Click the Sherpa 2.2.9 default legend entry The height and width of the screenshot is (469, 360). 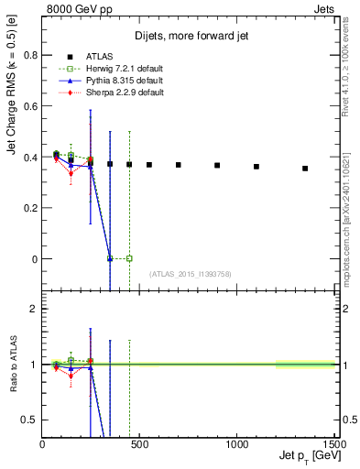pos(115,93)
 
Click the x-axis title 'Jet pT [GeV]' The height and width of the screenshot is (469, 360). pos(306,456)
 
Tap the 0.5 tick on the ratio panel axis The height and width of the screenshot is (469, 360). pos(31,420)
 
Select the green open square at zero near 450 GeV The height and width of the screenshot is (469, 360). pos(129,258)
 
